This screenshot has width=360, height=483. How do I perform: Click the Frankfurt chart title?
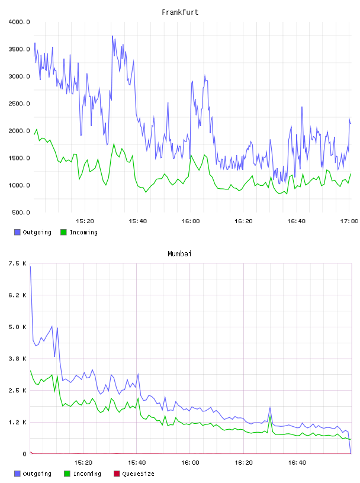[180, 12]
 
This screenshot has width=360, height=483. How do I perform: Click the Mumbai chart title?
[179, 254]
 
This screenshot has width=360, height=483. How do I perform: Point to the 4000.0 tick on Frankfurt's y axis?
[19, 22]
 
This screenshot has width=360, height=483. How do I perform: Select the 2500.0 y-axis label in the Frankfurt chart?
[19, 104]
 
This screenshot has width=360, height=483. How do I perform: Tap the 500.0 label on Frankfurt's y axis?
[21, 212]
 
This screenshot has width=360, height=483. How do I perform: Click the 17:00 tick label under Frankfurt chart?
[349, 221]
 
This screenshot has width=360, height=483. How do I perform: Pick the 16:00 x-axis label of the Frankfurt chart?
[191, 221]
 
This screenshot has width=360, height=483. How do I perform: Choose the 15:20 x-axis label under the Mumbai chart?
[83, 463]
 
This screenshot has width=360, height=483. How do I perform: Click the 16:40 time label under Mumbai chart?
[297, 463]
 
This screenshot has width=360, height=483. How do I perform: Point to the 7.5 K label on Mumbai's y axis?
[18, 263]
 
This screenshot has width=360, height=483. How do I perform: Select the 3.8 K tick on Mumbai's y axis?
[18, 359]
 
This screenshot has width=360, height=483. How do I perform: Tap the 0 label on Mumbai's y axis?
[25, 454]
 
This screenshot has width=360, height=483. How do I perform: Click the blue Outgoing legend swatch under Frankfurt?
[17, 232]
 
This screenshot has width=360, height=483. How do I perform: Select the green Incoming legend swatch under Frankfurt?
[63, 232]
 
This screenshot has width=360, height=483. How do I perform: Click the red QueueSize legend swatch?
[117, 474]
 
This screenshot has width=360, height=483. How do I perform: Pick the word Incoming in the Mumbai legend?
[87, 474]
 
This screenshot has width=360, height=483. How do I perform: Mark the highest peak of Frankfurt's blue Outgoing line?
[112, 36]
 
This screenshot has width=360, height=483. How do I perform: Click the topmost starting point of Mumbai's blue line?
[30, 266]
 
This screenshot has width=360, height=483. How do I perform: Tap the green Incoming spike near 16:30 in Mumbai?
[271, 417]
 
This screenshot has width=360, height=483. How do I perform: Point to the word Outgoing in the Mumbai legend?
[37, 474]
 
